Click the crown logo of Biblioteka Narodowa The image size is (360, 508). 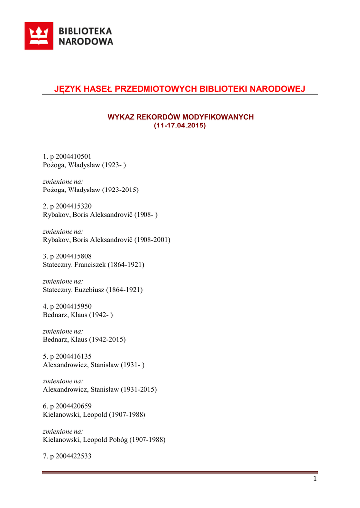click(39, 36)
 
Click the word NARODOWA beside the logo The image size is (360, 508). click(86, 42)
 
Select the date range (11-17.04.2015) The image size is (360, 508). click(180, 126)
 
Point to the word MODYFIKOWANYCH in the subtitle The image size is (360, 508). click(218, 117)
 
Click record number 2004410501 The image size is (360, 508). click(73, 156)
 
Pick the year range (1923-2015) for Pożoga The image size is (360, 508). click(120, 190)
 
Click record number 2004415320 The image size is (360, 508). click(73, 206)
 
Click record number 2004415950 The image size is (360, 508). click(73, 306)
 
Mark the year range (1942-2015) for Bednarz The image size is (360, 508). click(107, 340)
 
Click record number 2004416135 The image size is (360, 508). click(73, 356)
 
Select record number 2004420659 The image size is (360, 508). click(73, 406)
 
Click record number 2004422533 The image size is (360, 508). click(73, 456)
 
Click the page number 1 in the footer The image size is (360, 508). click(315, 479)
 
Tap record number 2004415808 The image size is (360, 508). click(73, 256)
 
